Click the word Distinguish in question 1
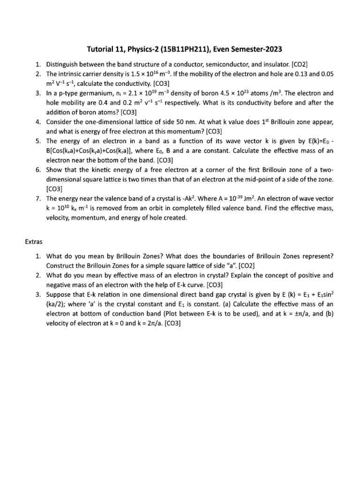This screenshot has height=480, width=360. [x=62, y=64]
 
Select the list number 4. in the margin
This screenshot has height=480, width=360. [x=38, y=122]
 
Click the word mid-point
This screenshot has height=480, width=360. [x=262, y=180]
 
